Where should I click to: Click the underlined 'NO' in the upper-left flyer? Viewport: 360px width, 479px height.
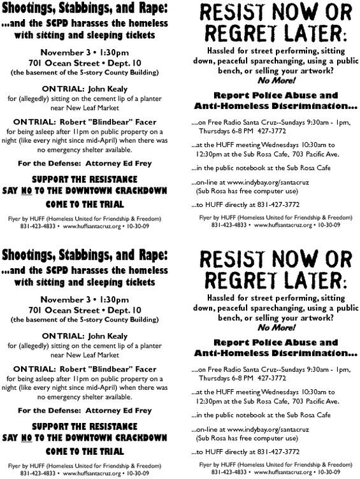click(x=40, y=187)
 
